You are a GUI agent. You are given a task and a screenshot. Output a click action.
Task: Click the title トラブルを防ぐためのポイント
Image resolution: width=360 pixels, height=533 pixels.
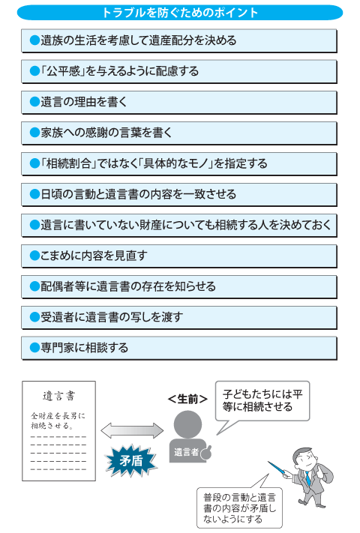point(180,13)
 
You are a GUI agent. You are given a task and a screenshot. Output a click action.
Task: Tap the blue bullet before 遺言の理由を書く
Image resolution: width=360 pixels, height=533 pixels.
point(34,102)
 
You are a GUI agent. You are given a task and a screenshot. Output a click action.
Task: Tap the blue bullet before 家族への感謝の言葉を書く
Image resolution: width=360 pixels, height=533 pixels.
point(34,133)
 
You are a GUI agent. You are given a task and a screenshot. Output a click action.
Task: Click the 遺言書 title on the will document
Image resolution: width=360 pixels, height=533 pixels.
point(58,396)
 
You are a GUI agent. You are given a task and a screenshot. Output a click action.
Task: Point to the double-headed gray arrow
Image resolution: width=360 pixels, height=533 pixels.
point(132,431)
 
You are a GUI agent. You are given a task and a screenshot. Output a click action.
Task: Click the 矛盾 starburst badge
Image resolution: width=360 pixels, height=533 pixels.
point(131,461)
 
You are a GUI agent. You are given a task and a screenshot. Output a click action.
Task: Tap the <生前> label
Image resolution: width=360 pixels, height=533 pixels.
point(187,399)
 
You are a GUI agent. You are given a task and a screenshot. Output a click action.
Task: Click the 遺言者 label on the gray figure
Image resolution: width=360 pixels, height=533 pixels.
point(186,452)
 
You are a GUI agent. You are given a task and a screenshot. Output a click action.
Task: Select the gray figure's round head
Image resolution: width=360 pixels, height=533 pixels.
point(187,424)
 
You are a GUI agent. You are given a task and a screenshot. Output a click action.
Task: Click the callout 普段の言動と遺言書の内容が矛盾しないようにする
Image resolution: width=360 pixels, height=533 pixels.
point(239,508)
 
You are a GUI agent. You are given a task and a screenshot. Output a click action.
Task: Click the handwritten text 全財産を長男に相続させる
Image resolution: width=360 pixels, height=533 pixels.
point(58,421)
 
